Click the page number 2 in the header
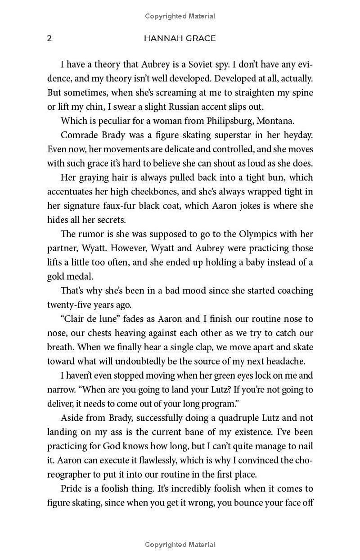click(49, 38)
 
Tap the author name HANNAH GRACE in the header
click(180, 38)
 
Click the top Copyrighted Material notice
click(180, 16)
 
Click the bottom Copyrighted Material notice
click(180, 545)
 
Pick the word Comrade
click(79, 135)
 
